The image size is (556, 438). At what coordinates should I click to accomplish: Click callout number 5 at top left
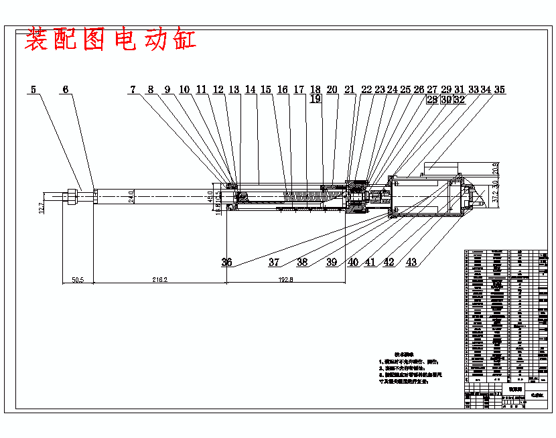tap(33, 89)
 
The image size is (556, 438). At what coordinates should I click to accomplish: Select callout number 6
tap(64, 89)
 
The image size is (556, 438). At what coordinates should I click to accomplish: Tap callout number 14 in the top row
tap(251, 89)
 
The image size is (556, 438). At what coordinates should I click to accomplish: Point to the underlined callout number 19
tap(316, 99)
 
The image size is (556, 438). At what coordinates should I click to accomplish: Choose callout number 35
tap(499, 89)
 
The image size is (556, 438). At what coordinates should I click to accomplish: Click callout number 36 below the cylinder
tap(226, 263)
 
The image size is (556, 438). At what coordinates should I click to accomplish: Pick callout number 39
tap(332, 263)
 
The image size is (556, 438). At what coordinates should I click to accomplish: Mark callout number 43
tap(411, 263)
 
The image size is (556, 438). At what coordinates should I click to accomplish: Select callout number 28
tap(432, 99)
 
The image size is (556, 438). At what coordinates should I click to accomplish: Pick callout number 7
tap(133, 89)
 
